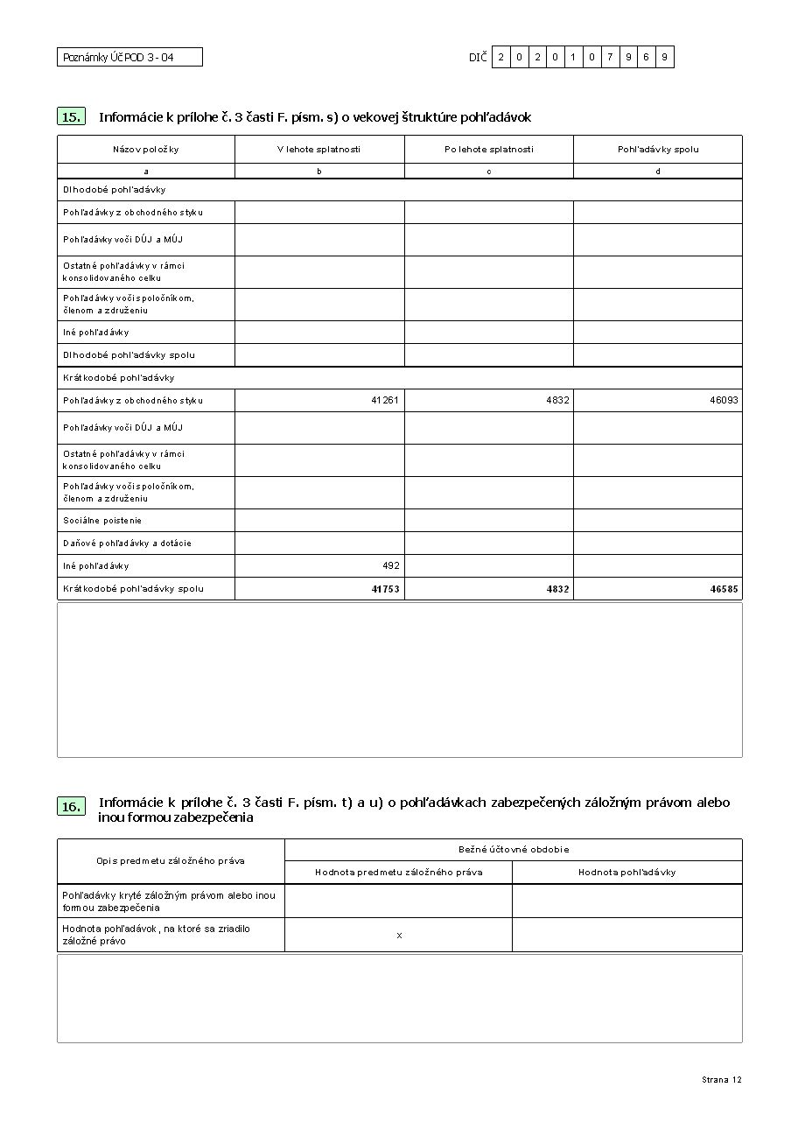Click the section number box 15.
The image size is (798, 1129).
pos(72,116)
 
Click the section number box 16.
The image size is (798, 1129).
pos(72,807)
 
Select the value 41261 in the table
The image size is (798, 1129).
pos(385,401)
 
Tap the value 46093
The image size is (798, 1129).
pos(724,401)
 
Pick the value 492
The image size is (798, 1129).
pos(390,566)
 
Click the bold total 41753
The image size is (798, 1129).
pos(385,589)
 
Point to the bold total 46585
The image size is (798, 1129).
pos(724,589)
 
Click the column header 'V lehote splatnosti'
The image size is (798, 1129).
pos(318,150)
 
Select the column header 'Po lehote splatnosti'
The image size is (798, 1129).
pos(488,150)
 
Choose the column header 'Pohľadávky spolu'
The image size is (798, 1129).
pos(658,150)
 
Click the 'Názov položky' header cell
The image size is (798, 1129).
pos(146,150)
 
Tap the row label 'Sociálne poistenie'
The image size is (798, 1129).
pos(102,521)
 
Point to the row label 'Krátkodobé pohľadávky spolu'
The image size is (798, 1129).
pos(133,589)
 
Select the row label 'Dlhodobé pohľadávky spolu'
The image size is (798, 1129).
pos(129,355)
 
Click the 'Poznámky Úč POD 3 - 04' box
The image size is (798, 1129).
pos(129,58)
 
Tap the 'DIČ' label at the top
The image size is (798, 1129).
pos(477,58)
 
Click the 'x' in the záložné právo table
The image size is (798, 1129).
pos(399,936)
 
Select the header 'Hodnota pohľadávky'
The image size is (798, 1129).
pos(626,873)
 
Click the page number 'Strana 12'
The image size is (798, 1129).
pos(721,1080)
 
